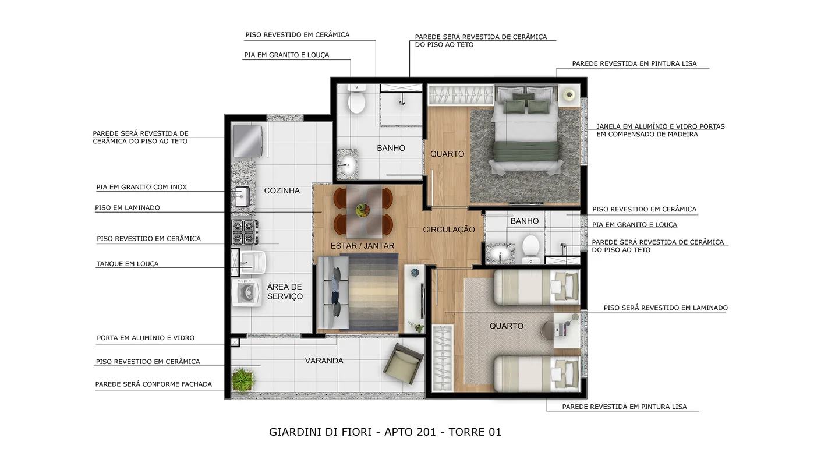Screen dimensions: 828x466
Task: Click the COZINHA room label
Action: coord(282,190)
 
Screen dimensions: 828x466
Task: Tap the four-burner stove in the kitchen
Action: coord(245,232)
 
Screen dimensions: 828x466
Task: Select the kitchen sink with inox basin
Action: coord(242,197)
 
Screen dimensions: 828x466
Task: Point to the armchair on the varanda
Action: coord(404,364)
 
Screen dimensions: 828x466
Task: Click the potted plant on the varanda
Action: coord(243,379)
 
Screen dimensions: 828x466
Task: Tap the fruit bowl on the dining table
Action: coord(362,210)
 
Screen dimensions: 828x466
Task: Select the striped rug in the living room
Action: coord(369,292)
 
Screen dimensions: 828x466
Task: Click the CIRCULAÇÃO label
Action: coord(449,230)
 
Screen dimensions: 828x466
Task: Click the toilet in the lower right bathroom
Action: coord(531,249)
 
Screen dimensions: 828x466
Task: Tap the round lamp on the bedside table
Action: coord(569,95)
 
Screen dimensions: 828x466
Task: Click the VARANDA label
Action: coord(324,361)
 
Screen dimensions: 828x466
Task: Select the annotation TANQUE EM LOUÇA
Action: coord(128,264)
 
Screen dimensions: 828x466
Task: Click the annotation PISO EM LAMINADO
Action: coord(128,208)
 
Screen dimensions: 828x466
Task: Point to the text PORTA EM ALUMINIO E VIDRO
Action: coord(146,338)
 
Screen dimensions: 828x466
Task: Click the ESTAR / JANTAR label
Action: coord(362,246)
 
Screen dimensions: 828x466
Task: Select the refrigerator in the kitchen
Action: coord(247,141)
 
